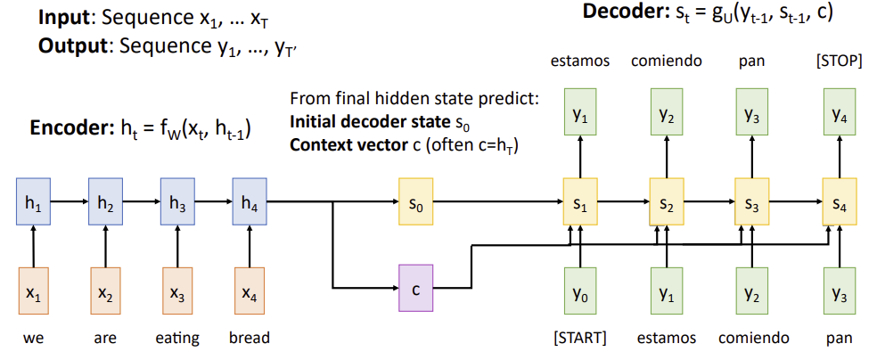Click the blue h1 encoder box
pyautogui.click(x=34, y=203)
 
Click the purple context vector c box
pyautogui.click(x=416, y=289)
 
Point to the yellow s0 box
pyautogui.click(x=416, y=203)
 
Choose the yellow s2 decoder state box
pyautogui.click(x=667, y=203)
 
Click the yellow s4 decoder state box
pyautogui.click(x=840, y=203)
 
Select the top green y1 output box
pyautogui.click(x=580, y=114)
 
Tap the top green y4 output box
pyautogui.click(x=840, y=114)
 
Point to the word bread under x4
pyautogui.click(x=249, y=338)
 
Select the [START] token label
pyautogui.click(x=580, y=338)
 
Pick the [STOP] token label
pyautogui.click(x=839, y=62)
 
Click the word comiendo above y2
pyautogui.click(x=667, y=62)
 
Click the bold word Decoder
pyautogui.click(x=619, y=12)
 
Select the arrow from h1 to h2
pyautogui.click(x=70, y=203)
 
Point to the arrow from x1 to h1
pyautogui.click(x=34, y=244)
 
